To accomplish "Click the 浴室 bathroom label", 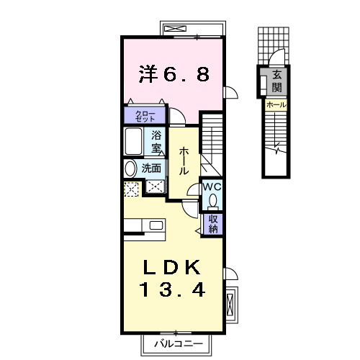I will click(x=156, y=141).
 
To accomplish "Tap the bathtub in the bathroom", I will click(x=135, y=141).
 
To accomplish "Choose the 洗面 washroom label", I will click(x=150, y=168).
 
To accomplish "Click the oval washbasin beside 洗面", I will click(x=130, y=168).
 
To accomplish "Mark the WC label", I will click(x=212, y=186).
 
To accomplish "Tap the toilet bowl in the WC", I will click(x=212, y=200).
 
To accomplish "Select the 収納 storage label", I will click(x=214, y=224).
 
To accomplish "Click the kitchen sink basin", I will click(x=156, y=225).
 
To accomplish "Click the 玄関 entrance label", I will click(x=276, y=81).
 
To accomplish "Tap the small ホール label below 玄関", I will click(x=276, y=105).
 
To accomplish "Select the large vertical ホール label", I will click(x=184, y=159).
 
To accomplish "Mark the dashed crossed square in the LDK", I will click(x=132, y=189).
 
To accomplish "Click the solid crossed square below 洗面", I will click(x=156, y=186).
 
